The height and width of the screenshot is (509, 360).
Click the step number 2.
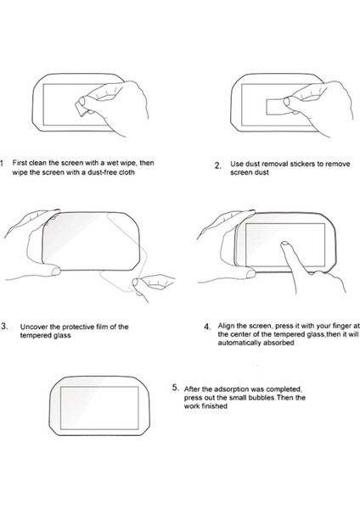217,165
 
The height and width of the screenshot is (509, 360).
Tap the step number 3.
4,326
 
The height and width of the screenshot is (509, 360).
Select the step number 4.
208,327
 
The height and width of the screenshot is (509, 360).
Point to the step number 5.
176,388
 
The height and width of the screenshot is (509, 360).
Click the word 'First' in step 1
20,163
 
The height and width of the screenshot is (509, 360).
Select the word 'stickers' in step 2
302,164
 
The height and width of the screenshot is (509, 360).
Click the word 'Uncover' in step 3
32,327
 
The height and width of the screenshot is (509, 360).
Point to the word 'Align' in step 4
226,326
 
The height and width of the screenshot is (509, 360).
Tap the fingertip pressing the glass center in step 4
285,243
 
